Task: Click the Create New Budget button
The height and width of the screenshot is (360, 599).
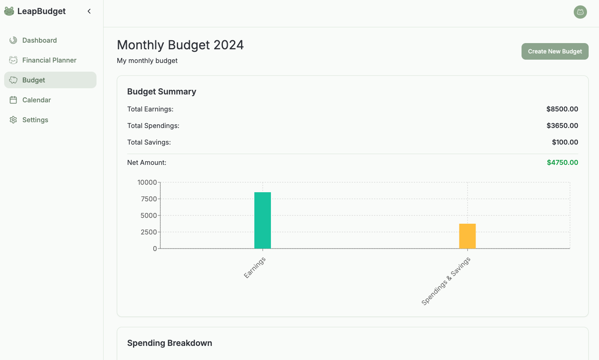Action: (555, 51)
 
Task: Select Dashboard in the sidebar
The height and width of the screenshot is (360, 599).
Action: (39, 40)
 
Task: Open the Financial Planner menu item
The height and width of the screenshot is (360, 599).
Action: (49, 60)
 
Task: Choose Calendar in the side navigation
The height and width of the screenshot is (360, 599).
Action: (36, 100)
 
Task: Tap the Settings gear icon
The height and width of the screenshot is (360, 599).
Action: (13, 120)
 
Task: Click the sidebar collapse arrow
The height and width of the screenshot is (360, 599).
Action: (89, 11)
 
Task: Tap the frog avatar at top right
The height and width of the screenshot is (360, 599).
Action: (580, 12)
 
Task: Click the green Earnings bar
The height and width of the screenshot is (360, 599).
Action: (263, 220)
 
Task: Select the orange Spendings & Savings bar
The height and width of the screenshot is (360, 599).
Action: (467, 236)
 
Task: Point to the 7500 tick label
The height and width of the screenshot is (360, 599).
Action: (149, 199)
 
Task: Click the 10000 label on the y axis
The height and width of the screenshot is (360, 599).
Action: (147, 182)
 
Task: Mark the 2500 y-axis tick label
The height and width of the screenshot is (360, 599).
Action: (149, 232)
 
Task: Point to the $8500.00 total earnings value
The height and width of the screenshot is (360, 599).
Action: (562, 109)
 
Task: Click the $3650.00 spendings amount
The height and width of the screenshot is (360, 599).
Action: (562, 126)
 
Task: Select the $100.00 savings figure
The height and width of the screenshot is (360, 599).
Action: (565, 142)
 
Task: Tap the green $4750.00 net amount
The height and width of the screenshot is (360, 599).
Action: (562, 162)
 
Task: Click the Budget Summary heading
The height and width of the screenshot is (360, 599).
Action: (162, 92)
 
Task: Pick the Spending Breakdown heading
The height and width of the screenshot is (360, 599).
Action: (169, 343)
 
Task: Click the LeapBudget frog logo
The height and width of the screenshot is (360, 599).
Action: (9, 11)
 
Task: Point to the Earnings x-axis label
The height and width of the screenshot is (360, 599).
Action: (254, 268)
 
